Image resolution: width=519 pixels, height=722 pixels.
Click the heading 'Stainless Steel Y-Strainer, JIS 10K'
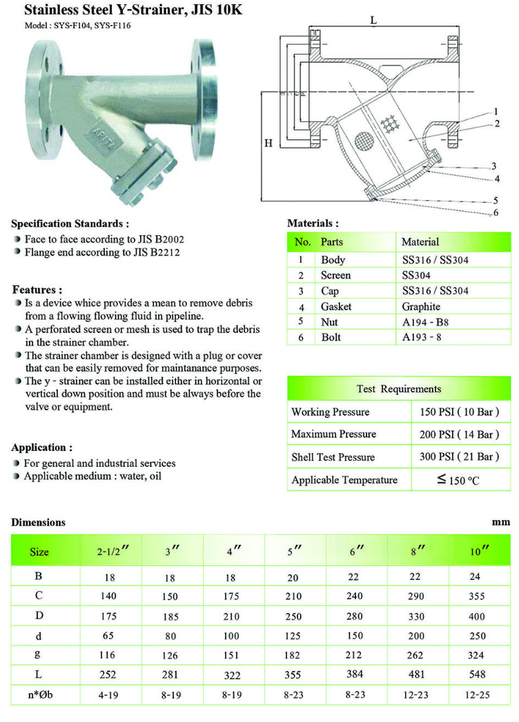coord(133,10)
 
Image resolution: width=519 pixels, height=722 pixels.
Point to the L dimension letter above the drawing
coord(373,20)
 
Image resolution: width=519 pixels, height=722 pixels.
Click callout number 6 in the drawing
coord(496,213)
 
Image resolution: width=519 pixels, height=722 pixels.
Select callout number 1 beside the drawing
coord(496,111)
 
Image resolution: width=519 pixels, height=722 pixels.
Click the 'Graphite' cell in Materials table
coord(421,306)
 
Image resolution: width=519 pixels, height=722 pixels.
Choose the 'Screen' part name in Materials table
coord(336,275)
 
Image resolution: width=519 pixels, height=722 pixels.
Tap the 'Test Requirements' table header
coord(399,389)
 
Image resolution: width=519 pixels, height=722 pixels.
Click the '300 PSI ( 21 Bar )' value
coord(459,457)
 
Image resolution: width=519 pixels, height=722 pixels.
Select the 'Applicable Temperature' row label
coord(344,480)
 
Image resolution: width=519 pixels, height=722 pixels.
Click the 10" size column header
coord(480,551)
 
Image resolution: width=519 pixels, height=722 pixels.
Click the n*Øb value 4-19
coord(107,694)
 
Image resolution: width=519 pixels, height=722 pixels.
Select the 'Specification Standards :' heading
coord(70,223)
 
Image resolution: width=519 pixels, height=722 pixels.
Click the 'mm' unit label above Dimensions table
coord(501,522)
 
